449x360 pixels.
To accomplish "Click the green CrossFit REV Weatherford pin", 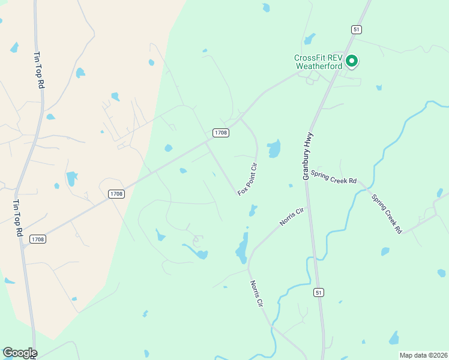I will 351,61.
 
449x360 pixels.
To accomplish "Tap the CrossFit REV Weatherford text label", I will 318,62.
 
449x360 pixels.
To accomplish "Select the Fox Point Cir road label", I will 247,179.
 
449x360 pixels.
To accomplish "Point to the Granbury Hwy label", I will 309,157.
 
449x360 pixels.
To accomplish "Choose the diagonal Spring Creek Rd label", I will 386,214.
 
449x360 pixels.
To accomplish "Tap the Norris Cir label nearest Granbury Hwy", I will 292,217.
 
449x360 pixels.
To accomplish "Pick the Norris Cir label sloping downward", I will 257,294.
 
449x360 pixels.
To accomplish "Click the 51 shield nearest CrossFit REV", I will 356,29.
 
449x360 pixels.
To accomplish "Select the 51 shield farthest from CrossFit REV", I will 319,292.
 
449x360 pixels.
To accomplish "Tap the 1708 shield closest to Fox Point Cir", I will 220,133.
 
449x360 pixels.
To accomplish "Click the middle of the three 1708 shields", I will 116,194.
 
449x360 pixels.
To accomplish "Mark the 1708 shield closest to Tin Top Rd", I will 37,239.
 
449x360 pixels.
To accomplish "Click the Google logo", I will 20,353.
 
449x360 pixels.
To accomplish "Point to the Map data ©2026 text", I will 423,355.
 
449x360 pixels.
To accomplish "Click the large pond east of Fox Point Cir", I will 274,148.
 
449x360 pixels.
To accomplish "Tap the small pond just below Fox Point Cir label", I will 253,210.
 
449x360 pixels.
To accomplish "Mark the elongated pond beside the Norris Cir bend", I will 243,248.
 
